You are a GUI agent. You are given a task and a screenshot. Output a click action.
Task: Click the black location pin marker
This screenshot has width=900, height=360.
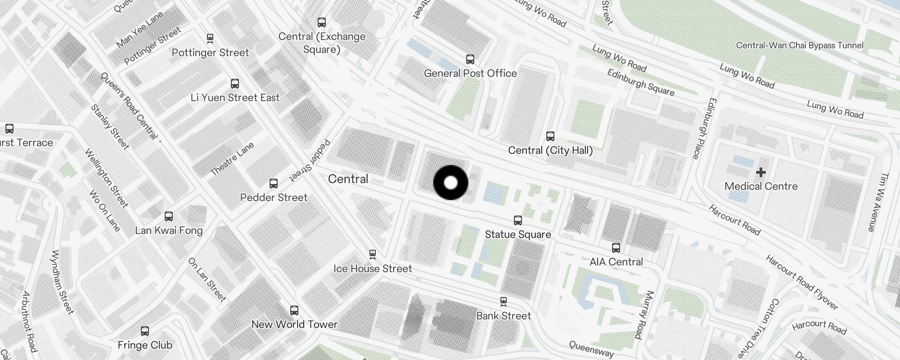(x=450, y=183)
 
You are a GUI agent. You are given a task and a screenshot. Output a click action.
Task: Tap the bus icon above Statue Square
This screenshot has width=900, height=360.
(x=518, y=220)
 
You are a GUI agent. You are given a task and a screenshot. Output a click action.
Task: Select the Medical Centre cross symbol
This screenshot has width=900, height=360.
(x=761, y=172)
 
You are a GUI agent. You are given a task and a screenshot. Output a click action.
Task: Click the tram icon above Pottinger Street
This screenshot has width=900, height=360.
(x=210, y=39)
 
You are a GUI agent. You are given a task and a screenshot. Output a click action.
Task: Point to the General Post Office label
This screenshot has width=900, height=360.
(x=470, y=73)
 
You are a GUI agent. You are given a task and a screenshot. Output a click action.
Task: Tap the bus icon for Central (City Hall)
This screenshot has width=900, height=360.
(x=550, y=136)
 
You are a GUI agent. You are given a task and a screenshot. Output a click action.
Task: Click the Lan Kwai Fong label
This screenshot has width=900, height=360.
(x=169, y=230)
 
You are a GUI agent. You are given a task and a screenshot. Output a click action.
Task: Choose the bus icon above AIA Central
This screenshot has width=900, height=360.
(x=616, y=248)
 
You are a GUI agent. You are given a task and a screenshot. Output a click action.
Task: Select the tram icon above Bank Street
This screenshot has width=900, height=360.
(x=504, y=301)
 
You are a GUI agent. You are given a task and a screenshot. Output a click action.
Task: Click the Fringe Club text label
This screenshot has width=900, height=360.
(x=145, y=345)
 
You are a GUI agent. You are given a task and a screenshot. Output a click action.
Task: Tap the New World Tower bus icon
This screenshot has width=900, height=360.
(x=294, y=310)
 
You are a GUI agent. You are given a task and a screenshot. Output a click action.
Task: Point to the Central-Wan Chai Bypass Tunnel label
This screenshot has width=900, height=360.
(x=800, y=45)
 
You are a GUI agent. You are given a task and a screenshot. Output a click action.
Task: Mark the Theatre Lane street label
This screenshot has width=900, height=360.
(x=232, y=158)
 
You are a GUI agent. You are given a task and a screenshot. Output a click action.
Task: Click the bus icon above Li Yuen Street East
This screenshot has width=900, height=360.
(x=235, y=84)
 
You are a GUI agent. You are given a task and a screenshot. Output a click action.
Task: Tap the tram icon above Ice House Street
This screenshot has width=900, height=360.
(x=372, y=255)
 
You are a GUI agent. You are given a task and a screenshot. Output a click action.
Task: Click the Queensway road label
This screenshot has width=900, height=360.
(x=591, y=349)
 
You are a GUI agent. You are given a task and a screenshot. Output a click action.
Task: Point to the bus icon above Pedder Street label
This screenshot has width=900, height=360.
(x=274, y=184)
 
